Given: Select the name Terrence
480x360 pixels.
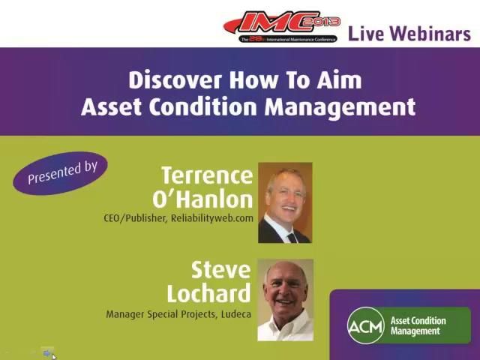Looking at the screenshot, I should tap(207, 176).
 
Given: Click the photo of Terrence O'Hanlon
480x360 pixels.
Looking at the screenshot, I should tap(285, 202).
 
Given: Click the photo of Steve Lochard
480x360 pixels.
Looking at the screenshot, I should tap(285, 299).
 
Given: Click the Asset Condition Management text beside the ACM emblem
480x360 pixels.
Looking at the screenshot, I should tap(418, 325).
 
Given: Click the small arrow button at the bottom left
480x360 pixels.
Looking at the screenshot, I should tap(47, 352).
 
